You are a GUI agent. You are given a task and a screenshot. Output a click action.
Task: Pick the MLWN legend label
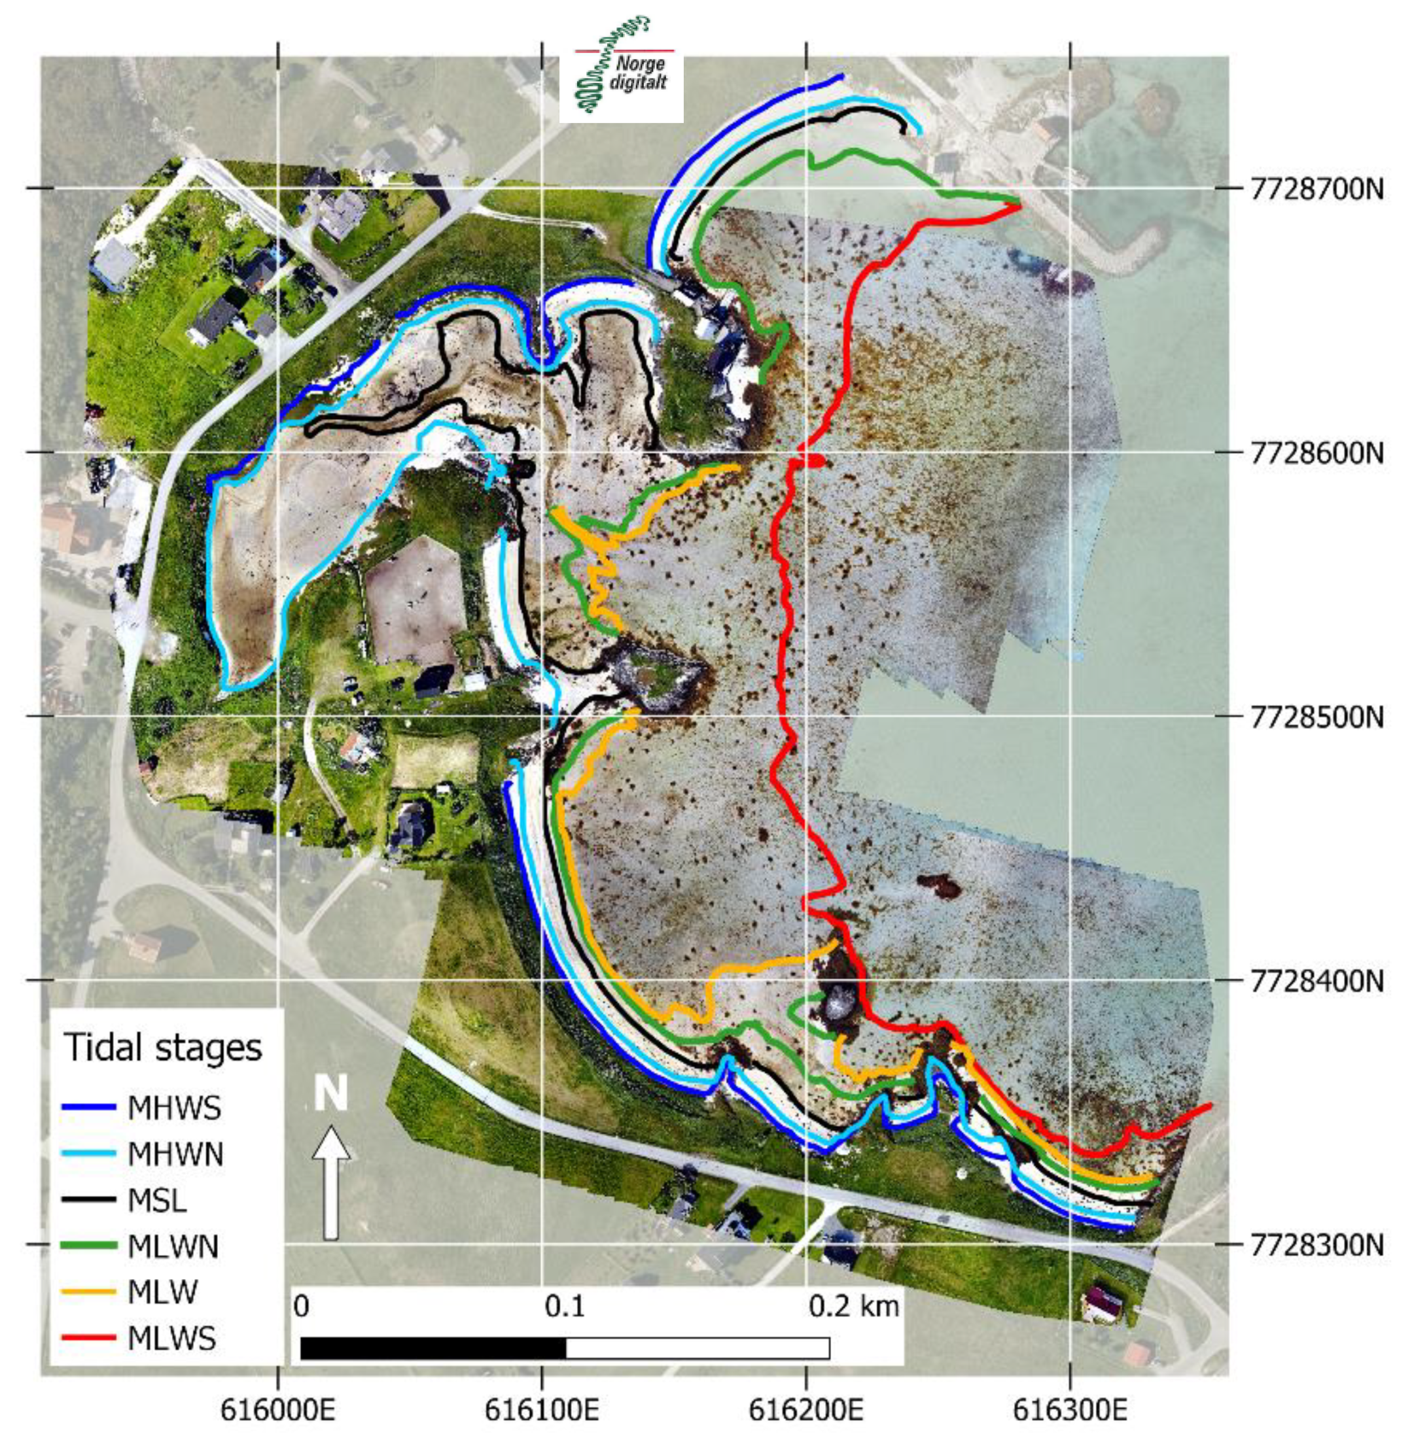click(x=173, y=1246)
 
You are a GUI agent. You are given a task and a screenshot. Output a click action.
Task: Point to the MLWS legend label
click(x=171, y=1339)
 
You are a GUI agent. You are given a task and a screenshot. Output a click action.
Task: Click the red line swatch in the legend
click(x=88, y=1339)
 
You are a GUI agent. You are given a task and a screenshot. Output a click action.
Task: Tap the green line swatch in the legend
click(x=88, y=1246)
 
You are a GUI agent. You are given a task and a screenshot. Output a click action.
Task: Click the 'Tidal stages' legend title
click(x=164, y=1048)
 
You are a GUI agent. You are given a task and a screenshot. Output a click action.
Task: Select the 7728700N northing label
click(x=1317, y=189)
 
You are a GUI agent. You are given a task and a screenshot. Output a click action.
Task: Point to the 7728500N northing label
click(x=1317, y=717)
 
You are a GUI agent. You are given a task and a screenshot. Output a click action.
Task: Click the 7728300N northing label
click(x=1317, y=1245)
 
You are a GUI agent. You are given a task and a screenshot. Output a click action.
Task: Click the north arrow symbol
click(x=331, y=1182)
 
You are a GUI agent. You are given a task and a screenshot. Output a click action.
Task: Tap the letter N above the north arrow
click(x=330, y=1093)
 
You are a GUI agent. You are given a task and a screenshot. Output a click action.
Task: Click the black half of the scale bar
click(x=434, y=1347)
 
